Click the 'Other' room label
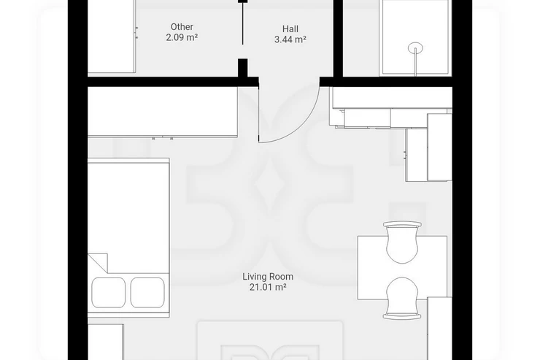[182, 27]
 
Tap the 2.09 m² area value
[182, 37]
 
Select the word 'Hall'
[290, 29]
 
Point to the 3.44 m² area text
[290, 39]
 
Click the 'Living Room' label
[268, 277]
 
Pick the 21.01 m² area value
[268, 287]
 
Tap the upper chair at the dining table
[402, 242]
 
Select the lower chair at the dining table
[402, 299]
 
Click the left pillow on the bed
[108, 293]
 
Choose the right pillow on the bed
[147, 293]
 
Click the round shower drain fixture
[416, 48]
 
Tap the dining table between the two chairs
[402, 270]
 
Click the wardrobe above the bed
[163, 112]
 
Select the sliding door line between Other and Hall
[243, 23]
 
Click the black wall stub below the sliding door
[243, 68]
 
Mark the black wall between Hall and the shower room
[338, 39]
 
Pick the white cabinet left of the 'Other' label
[111, 37]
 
